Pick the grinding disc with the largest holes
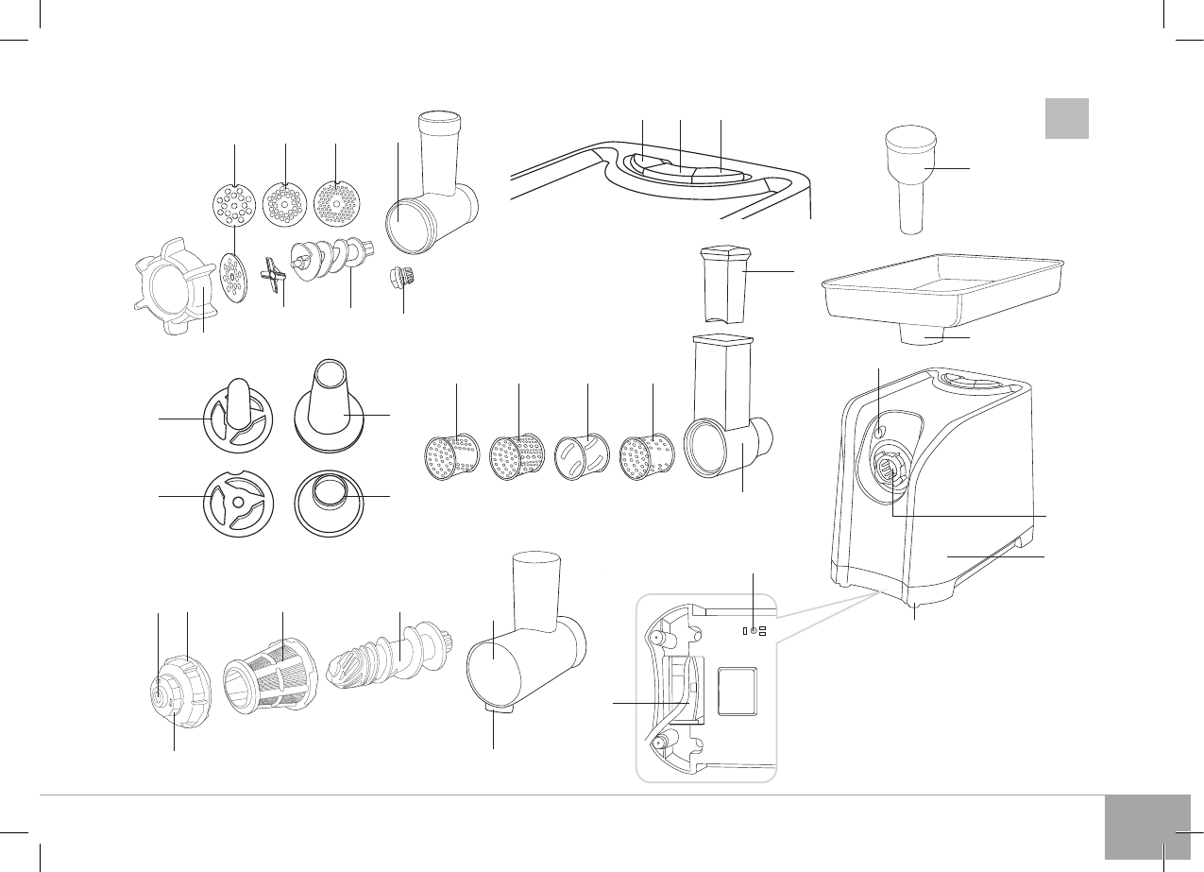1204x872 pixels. click(230, 205)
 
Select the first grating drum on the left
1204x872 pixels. click(450, 455)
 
